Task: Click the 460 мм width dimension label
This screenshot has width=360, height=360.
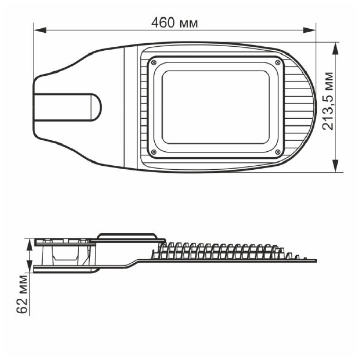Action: point(175,23)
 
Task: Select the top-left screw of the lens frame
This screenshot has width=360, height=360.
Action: point(153,62)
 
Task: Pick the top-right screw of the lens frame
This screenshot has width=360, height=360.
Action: point(278,62)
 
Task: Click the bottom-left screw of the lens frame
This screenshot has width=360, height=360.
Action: point(153,152)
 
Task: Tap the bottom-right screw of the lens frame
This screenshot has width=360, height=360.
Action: point(278,152)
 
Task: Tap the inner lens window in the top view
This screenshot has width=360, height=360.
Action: point(215,107)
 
